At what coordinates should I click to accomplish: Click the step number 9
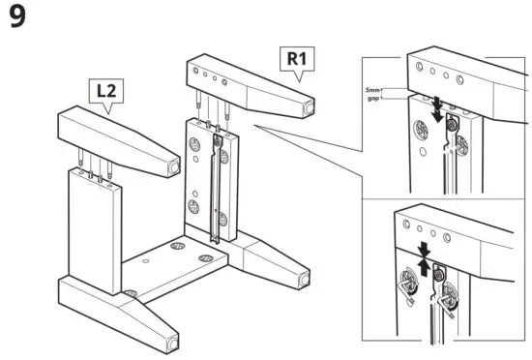tap(17, 19)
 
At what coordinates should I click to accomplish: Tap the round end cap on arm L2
tap(175, 166)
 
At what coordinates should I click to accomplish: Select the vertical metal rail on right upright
tap(221, 189)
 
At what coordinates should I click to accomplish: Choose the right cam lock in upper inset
tap(461, 143)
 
